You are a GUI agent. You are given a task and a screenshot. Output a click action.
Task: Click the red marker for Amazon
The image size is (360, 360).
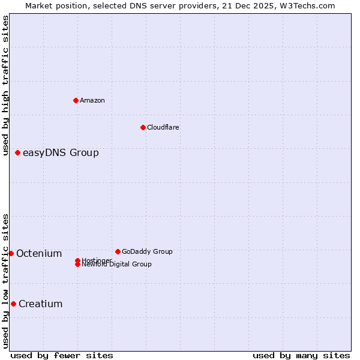(76, 100)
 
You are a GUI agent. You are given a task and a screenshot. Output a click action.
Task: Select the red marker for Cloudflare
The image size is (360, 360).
(143, 127)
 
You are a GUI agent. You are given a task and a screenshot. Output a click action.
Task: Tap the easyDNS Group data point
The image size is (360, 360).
(18, 153)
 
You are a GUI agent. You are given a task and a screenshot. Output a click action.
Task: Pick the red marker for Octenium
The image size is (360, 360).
(11, 254)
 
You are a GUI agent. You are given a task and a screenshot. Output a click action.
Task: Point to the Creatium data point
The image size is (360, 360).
(13, 304)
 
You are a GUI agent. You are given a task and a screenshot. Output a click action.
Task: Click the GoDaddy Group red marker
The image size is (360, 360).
(118, 251)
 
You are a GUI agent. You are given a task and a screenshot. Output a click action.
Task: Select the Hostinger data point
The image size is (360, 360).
(77, 260)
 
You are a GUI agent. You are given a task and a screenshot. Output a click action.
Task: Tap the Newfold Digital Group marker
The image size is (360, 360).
(77, 265)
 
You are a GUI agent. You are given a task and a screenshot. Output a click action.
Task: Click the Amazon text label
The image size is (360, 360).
(92, 100)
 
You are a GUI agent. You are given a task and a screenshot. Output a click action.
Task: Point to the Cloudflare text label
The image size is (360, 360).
(163, 127)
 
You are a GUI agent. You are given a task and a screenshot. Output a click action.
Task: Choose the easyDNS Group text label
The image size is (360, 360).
(61, 153)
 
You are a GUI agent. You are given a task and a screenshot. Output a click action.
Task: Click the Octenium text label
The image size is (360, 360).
(39, 254)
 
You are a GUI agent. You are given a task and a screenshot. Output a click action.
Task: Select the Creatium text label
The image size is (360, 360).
(41, 304)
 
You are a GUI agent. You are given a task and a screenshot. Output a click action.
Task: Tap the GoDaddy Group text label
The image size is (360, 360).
(147, 251)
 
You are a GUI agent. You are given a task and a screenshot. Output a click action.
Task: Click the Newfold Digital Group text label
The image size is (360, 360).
(117, 265)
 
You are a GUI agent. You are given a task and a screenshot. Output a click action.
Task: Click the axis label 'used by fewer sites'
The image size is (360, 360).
(62, 355)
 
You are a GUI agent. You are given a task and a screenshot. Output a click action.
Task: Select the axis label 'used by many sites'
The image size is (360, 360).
(301, 355)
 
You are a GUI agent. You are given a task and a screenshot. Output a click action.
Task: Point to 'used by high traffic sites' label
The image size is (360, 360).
(5, 85)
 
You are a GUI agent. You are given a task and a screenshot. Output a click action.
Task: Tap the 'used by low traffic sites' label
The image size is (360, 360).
(5, 280)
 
